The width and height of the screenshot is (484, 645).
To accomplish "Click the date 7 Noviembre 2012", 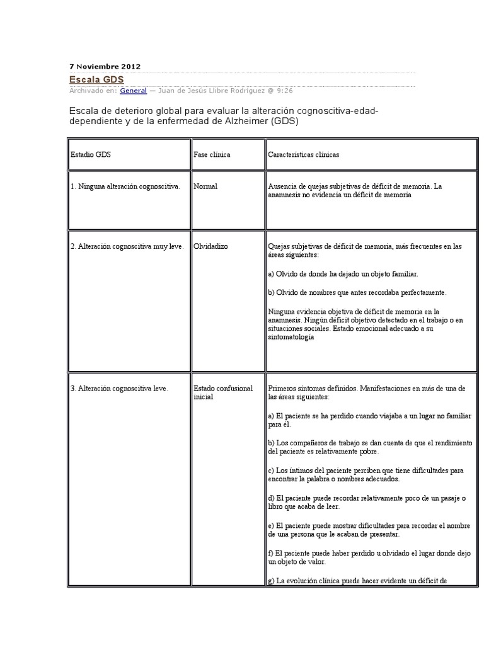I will pos(104,66).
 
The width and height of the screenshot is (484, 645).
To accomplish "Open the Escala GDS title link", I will pos(96,79).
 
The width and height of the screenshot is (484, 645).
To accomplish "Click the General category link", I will pos(133,91).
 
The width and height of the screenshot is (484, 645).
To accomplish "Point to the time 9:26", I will pos(284,91).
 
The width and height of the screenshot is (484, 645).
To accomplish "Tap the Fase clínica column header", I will pos(212,154).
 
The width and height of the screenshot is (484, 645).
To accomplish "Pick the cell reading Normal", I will pos(205,186).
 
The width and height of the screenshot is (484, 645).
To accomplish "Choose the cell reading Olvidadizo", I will pos(211,246).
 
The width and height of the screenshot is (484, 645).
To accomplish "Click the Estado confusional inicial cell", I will pos(214,393).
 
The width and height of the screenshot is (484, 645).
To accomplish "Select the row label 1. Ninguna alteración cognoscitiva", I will pos(125,186).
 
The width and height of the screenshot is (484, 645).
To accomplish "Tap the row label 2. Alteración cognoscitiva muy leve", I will pos(127,246).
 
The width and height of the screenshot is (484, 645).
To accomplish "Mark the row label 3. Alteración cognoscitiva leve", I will pos(120,389).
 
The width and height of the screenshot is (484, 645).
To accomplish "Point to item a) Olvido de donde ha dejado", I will pos(343,274).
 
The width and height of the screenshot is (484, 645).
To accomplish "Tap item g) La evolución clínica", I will pos(357,581).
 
